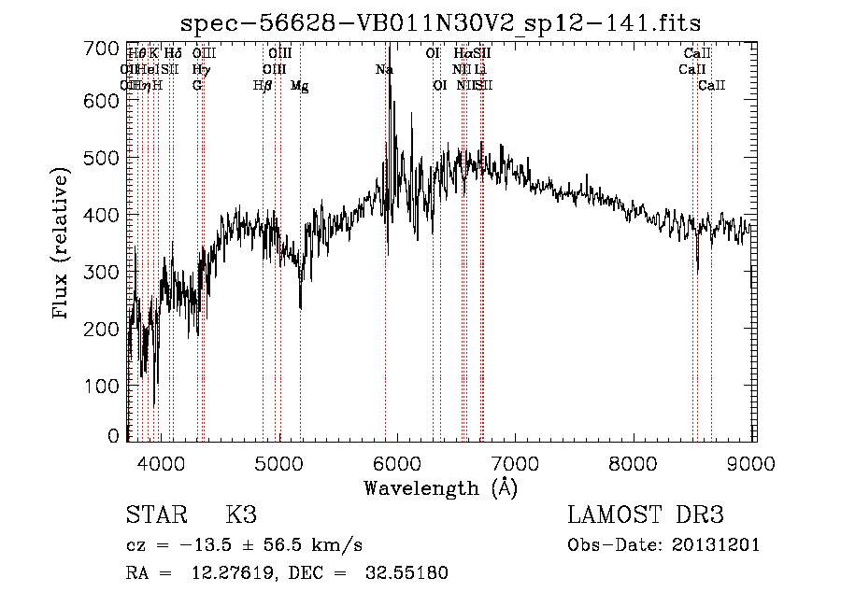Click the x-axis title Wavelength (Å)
click(x=440, y=487)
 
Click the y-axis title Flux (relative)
click(x=63, y=245)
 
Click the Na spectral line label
click(x=384, y=70)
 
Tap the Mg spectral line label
click(x=299, y=86)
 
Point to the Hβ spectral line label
click(x=263, y=86)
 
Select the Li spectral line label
click(x=479, y=70)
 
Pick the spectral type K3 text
click(x=241, y=516)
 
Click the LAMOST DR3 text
click(x=646, y=516)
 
